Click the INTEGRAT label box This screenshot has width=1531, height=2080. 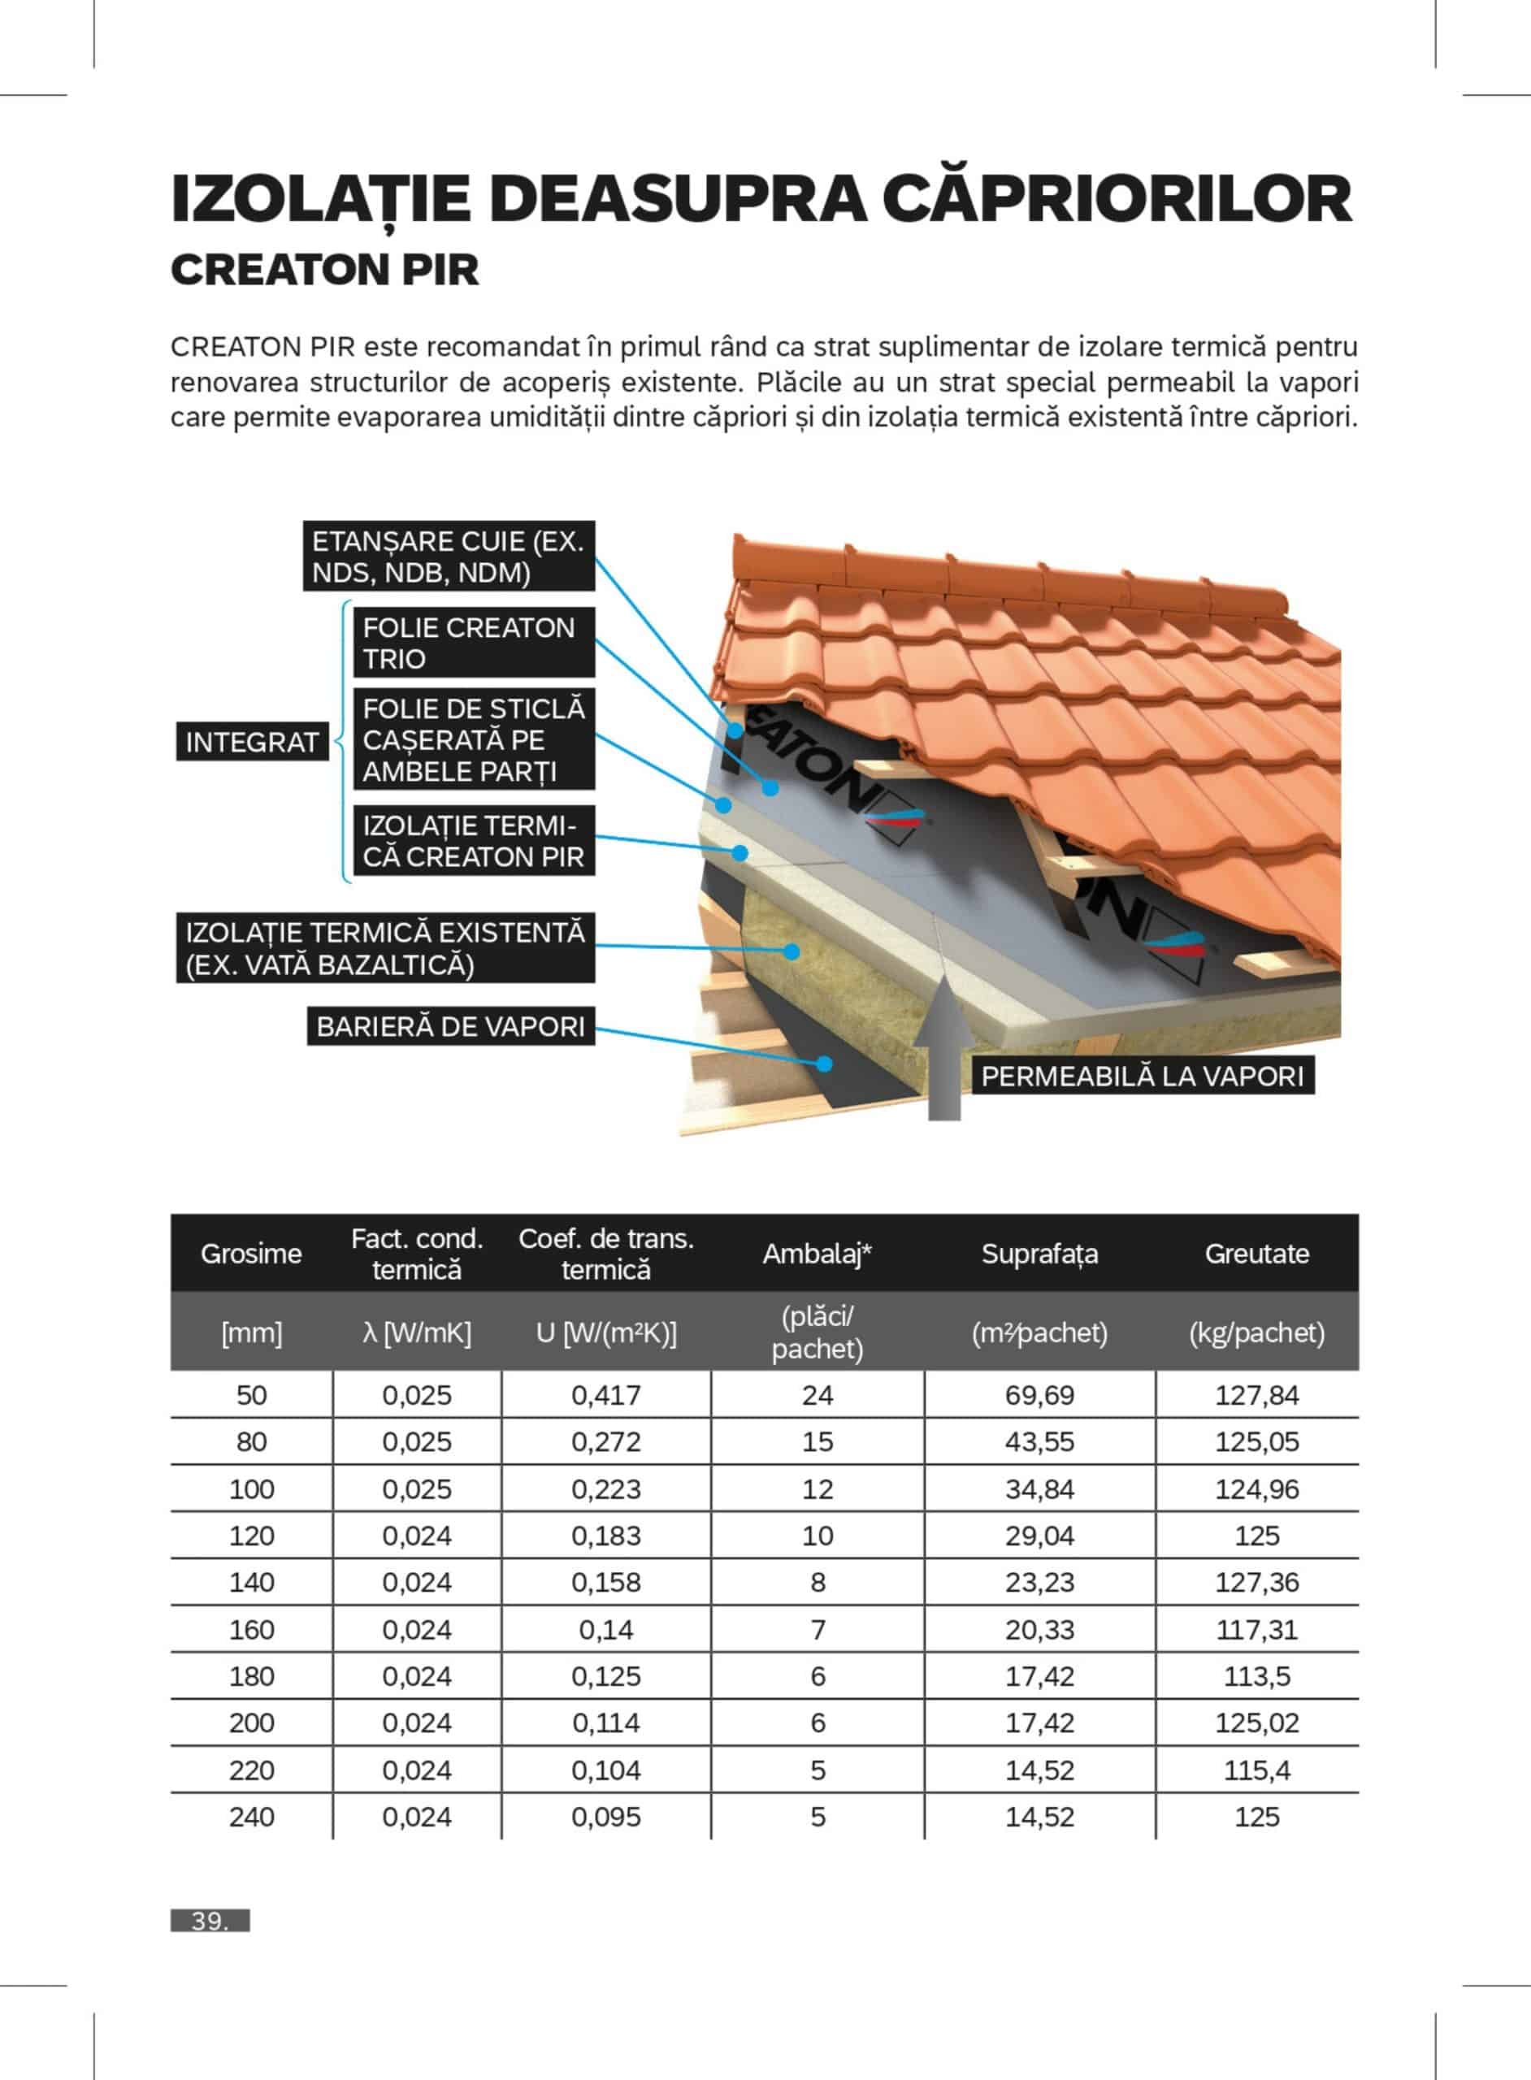(252, 742)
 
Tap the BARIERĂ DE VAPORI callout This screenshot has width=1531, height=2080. (450, 1026)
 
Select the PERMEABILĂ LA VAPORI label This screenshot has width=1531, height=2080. (1142, 1077)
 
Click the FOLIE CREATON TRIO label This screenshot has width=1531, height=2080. (474, 643)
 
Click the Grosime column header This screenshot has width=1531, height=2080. (251, 1254)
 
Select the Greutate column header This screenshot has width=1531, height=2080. (1256, 1254)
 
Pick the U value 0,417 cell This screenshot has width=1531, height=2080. (606, 1395)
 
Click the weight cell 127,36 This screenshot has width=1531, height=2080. (1256, 1583)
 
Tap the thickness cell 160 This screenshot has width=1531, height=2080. (251, 1630)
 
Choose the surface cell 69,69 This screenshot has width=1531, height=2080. (1040, 1395)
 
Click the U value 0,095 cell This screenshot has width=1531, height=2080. (606, 1817)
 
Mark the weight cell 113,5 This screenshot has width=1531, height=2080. (1256, 1676)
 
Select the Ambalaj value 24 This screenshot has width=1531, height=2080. (818, 1395)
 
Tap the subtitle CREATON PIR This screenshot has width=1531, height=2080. (325, 271)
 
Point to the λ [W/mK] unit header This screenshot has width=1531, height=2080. (417, 1333)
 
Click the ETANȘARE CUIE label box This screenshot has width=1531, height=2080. (449, 556)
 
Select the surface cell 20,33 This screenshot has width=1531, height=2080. (1040, 1630)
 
